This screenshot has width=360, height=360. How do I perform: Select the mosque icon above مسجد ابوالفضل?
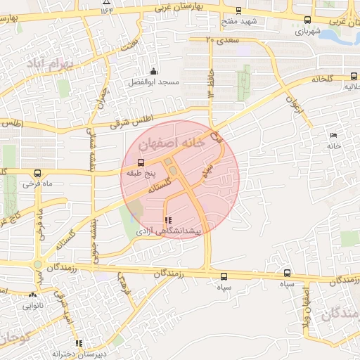(x=154, y=71)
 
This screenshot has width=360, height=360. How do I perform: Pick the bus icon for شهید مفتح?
(x=238, y=11)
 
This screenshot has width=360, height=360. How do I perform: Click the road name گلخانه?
(x=317, y=79)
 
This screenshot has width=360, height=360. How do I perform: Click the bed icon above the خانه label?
(x=333, y=135)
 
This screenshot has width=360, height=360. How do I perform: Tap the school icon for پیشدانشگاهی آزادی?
(x=167, y=220)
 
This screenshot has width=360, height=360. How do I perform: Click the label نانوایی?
(x=33, y=306)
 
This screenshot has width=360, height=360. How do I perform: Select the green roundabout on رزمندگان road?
(x=37, y=264)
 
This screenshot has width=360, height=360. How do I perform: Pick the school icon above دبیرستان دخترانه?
(x=79, y=344)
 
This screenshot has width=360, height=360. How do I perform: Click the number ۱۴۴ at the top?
(x=107, y=10)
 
